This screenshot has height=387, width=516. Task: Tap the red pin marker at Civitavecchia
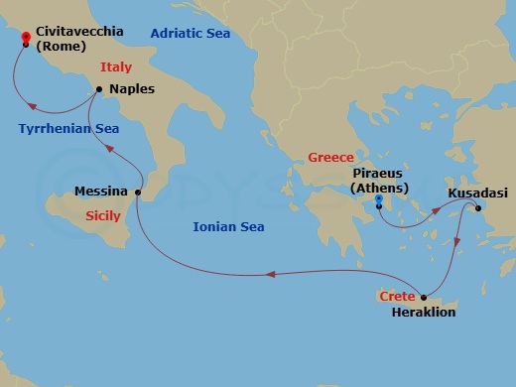point(25,39)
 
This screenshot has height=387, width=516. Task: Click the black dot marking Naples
point(100,90)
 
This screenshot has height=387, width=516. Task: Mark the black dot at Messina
point(137,192)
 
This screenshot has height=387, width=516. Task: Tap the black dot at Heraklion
point(424,297)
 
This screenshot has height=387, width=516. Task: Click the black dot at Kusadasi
point(477,207)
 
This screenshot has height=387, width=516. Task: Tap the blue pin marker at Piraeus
point(379,202)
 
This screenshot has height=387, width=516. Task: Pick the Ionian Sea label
point(229,227)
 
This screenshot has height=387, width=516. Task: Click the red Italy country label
point(116,68)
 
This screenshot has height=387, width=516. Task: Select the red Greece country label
point(330,157)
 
